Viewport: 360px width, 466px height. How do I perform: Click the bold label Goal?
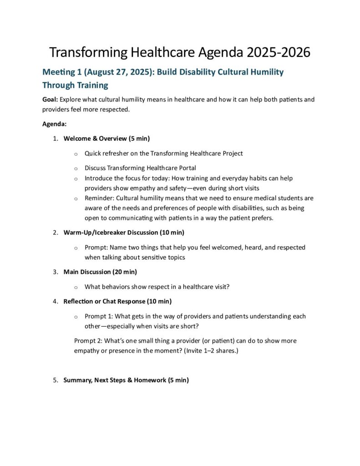tap(50, 99)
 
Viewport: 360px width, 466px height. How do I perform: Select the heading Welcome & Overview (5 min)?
tap(106, 138)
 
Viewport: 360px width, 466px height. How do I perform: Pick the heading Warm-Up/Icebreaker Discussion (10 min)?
tap(124, 233)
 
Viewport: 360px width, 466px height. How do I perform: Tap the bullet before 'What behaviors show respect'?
tap(75, 287)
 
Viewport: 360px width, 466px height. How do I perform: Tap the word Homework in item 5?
tap(150, 380)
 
